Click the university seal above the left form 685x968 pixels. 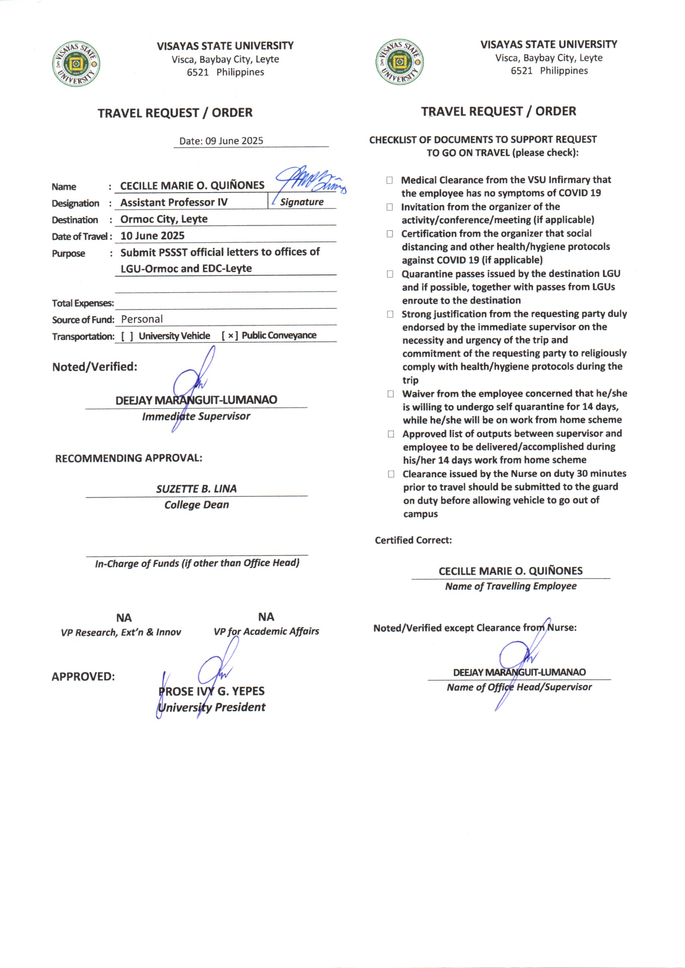(x=76, y=64)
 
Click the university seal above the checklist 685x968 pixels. (x=399, y=63)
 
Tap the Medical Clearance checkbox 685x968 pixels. (x=389, y=181)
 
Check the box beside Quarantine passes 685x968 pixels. (x=390, y=274)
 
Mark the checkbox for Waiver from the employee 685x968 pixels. (x=391, y=394)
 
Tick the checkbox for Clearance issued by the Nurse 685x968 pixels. (x=391, y=474)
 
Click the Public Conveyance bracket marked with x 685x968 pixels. (x=230, y=336)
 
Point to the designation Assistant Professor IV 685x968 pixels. (x=174, y=202)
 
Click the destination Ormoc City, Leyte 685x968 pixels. (x=164, y=219)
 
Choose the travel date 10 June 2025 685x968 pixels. (x=153, y=236)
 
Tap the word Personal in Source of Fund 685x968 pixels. (x=142, y=319)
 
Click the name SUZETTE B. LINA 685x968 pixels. (x=197, y=489)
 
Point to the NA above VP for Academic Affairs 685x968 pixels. (x=266, y=617)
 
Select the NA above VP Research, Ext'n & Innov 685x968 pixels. (x=124, y=618)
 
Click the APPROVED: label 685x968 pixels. (x=83, y=677)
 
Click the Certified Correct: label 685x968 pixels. (x=413, y=540)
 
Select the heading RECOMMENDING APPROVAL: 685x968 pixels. (x=129, y=458)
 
